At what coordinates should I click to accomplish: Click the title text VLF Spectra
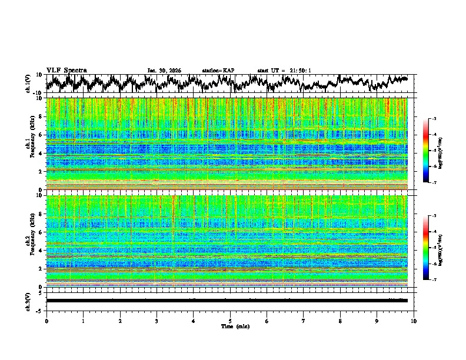tap(66, 70)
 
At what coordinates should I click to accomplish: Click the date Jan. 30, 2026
tap(164, 71)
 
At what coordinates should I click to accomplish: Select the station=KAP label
tap(218, 71)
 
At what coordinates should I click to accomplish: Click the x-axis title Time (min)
tap(230, 326)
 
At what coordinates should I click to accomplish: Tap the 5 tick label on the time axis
tap(230, 321)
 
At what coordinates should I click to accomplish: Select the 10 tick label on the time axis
tap(414, 321)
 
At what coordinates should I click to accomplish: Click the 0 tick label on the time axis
tap(46, 321)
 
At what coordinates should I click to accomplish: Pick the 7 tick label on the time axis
tap(304, 321)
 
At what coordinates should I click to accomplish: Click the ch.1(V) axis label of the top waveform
tap(28, 84)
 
